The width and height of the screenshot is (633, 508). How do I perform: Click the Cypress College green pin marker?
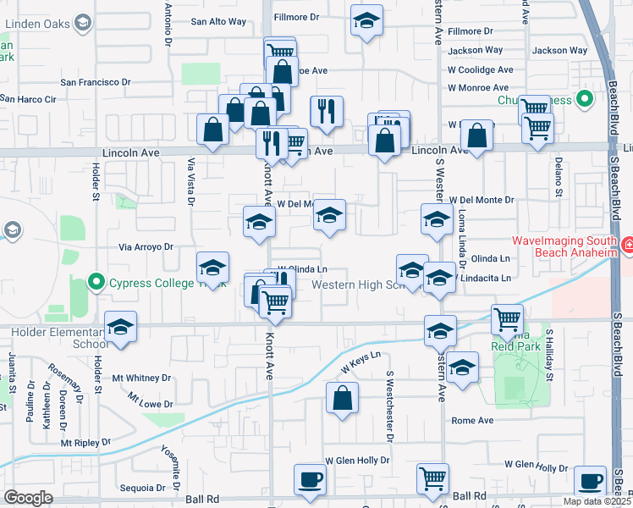click(96, 282)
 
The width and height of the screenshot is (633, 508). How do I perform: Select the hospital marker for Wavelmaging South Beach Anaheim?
click(627, 247)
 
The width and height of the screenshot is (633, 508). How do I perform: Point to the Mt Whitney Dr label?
click(142, 378)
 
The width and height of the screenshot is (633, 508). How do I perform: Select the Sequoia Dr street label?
click(142, 488)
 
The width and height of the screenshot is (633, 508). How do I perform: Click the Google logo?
click(28, 498)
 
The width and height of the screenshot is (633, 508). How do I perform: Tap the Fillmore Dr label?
click(299, 16)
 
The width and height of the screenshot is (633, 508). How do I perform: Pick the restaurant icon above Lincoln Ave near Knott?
click(326, 111)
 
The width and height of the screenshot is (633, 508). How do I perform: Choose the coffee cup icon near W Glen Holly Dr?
click(310, 479)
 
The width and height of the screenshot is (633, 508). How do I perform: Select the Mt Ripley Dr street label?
click(85, 443)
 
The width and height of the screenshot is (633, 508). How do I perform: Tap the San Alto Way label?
click(218, 21)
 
